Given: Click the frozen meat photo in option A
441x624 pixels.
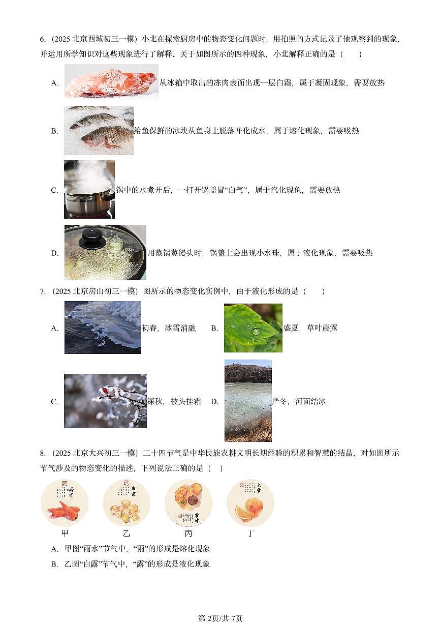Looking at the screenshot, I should [111, 81].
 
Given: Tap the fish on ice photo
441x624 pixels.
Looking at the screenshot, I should [99, 130].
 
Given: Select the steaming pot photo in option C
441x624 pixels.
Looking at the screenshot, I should [89, 189].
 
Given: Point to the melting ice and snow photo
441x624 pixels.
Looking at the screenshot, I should [103, 327].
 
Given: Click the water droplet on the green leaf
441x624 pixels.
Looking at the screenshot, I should [256, 332].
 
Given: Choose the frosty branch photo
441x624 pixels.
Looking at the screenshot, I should [105, 401].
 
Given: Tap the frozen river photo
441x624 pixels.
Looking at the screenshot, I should [248, 401].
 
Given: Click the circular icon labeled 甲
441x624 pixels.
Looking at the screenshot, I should [65, 503].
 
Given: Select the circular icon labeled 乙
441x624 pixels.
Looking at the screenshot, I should [127, 503].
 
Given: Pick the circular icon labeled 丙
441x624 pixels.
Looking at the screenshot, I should [188, 503].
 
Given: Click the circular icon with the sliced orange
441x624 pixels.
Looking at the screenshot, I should [250, 503].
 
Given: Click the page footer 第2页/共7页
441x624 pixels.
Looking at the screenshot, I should [220, 618].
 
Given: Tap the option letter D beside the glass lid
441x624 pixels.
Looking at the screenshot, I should [54, 253].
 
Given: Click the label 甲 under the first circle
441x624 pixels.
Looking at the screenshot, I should [65, 534].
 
